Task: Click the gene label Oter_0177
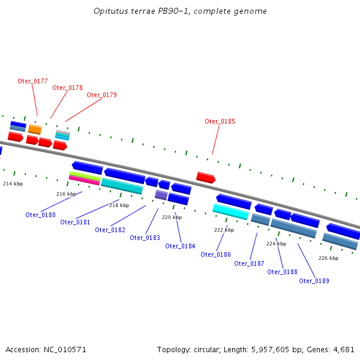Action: tap(32, 81)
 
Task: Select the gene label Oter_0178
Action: tap(67, 88)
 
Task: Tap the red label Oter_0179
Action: tap(101, 95)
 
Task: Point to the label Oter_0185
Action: tap(220, 121)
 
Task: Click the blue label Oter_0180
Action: tap(40, 215)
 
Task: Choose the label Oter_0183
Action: tap(145, 238)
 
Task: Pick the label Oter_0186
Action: tap(215, 254)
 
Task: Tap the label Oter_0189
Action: tap(314, 281)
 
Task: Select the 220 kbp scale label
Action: tap(172, 218)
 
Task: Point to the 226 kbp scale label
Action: tap(328, 258)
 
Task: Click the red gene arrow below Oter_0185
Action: tap(205, 178)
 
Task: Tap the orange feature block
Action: tap(35, 129)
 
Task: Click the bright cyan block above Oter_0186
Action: tap(230, 211)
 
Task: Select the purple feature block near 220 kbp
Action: tap(161, 194)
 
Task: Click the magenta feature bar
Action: tap(84, 180)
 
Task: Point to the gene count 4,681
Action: tap(344, 349)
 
